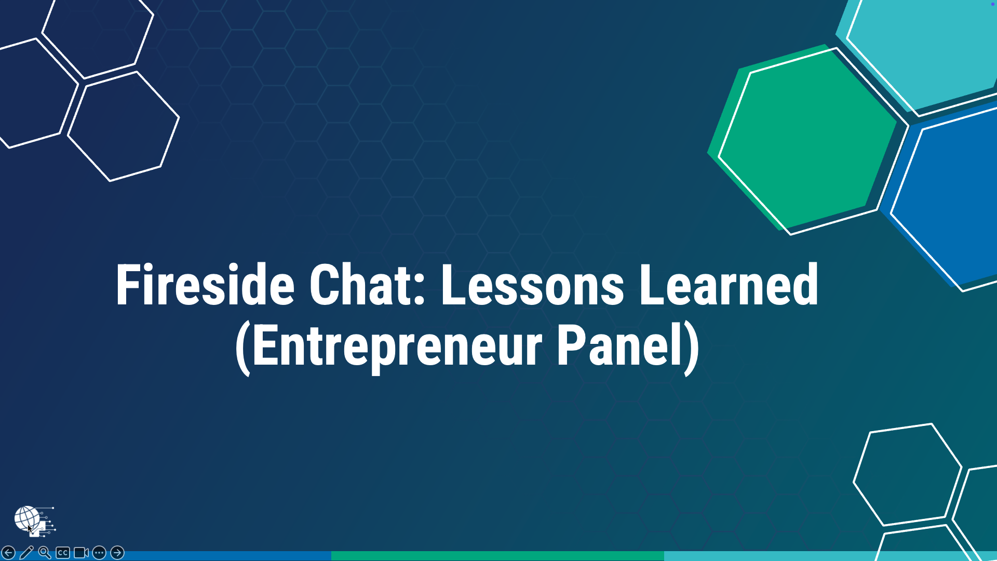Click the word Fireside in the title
coord(205,285)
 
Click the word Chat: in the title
coord(368,285)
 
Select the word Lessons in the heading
coord(532,285)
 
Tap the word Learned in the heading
coord(729,285)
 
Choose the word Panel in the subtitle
coord(618,345)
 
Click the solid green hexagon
coord(805,140)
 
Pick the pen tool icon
coord(26,553)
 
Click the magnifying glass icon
coord(45,553)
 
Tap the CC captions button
coord(63,553)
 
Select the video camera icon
coord(81,553)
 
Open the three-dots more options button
coord(99,553)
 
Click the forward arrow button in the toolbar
coord(117,553)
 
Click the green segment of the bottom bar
coord(497,556)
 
